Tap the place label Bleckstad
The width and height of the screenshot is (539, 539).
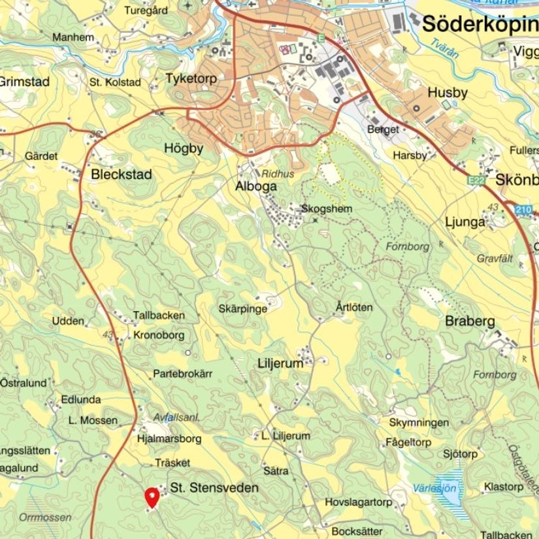122,174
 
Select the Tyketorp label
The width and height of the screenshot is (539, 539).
191,78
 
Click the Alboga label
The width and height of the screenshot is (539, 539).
255,186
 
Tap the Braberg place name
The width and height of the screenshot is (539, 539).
470,321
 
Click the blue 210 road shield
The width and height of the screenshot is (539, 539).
523,210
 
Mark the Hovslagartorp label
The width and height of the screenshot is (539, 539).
358,502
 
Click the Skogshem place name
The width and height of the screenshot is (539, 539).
327,208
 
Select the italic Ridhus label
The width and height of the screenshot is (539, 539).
278,174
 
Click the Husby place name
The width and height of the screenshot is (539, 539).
448,93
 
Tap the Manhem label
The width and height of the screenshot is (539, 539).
73,37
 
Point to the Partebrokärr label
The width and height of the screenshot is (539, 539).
183,374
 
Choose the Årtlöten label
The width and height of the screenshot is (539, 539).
354,307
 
